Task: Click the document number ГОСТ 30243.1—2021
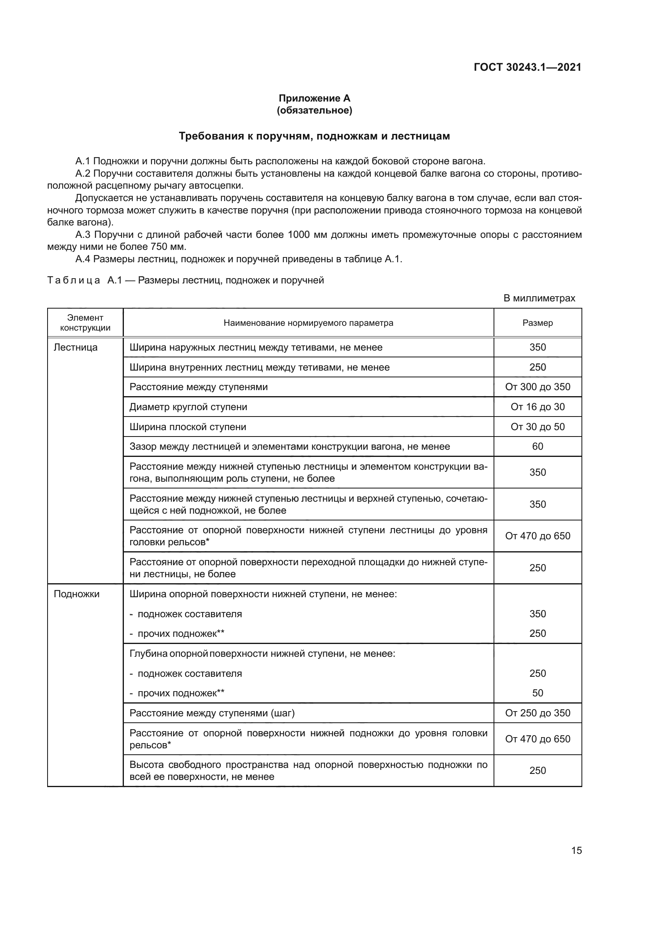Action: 527,67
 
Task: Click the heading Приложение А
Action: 314,98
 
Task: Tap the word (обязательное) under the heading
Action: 314,110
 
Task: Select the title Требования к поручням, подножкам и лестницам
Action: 314,136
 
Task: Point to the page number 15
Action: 576,850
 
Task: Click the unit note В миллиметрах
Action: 539,298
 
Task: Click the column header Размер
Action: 537,323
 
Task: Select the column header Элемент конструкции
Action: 85,323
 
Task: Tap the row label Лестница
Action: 76,347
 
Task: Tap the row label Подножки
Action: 76,594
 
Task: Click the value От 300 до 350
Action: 537,387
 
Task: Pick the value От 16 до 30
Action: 537,407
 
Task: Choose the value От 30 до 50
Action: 537,427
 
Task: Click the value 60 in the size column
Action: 537,447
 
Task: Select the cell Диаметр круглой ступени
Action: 188,407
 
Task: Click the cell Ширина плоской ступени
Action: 188,427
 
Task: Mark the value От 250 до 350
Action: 537,713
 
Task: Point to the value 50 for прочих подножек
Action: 537,693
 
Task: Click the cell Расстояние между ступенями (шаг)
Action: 212,713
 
